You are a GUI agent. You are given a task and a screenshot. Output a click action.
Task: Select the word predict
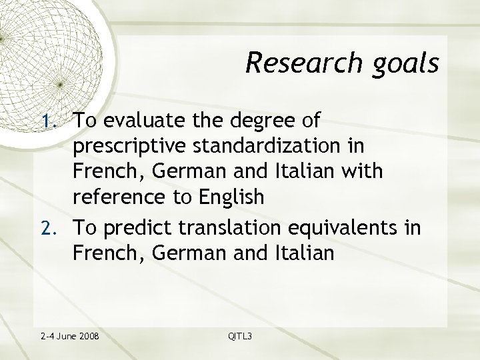(152, 228)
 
